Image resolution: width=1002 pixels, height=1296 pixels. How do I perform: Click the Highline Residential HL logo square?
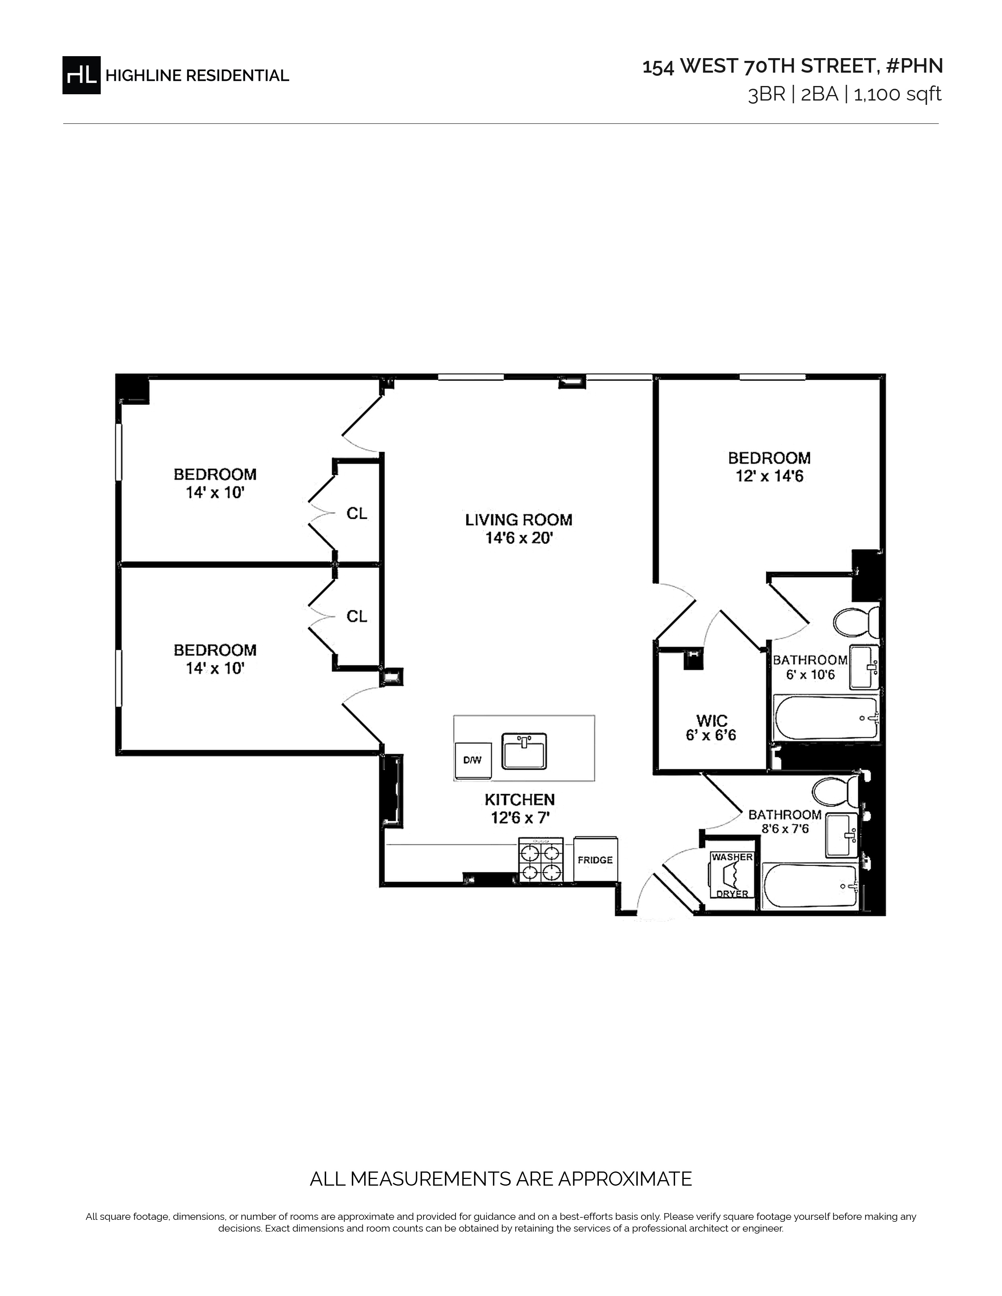pyautogui.click(x=81, y=75)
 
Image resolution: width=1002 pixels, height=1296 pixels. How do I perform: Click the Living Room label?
pyautogui.click(x=519, y=520)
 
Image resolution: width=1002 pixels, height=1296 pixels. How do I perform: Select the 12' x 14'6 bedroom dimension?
pyautogui.click(x=769, y=476)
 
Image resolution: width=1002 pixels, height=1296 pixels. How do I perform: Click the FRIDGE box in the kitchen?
pyautogui.click(x=595, y=860)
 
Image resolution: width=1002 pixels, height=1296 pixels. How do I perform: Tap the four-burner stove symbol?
pyautogui.click(x=541, y=860)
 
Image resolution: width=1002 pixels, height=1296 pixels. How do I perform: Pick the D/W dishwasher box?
pyautogui.click(x=472, y=760)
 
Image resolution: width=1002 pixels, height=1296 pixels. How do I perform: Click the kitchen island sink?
pyautogui.click(x=524, y=751)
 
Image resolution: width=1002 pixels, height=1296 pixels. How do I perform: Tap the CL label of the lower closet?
pyautogui.click(x=357, y=617)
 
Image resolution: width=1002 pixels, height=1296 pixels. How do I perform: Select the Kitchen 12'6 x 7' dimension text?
pyautogui.click(x=519, y=818)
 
